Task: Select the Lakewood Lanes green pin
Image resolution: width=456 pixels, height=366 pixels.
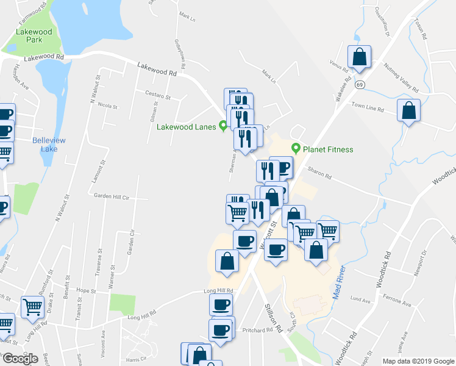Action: click(x=224, y=127)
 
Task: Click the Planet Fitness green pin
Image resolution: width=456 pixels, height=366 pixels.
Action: click(x=296, y=148)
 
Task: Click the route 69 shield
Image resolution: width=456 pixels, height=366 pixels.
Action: click(x=360, y=84)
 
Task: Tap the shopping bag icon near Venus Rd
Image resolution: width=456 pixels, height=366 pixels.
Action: click(x=359, y=57)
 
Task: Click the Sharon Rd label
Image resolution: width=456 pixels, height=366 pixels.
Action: click(x=319, y=177)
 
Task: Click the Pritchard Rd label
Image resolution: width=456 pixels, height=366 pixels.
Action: click(x=257, y=330)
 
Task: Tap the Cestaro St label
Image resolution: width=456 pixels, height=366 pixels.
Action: click(x=157, y=95)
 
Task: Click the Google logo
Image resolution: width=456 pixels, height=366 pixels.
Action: click(x=20, y=359)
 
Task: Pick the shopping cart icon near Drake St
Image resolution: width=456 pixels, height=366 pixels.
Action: click(x=32, y=307)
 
